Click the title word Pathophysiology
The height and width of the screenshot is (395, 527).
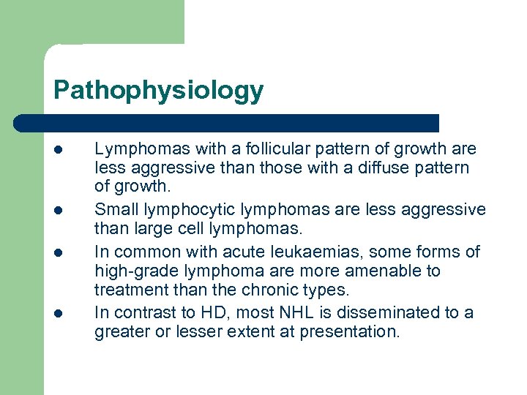point(158,91)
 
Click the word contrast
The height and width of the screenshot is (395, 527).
point(143,313)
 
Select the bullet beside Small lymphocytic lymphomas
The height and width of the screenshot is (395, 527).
point(58,211)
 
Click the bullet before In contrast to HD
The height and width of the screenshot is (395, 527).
point(58,313)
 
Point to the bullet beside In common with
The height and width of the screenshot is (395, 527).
point(58,252)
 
